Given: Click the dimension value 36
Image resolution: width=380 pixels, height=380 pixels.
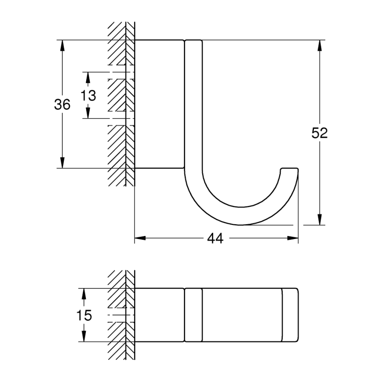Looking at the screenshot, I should (62, 105).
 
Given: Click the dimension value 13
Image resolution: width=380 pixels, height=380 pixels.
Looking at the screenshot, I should (88, 95).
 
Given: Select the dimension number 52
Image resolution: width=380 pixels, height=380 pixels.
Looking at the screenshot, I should (320, 133).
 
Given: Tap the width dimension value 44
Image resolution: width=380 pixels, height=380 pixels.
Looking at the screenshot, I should (215, 239).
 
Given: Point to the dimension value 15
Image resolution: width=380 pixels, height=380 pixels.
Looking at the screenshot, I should (83, 315).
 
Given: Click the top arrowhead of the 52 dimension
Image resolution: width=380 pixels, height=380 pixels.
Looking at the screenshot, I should (320, 46).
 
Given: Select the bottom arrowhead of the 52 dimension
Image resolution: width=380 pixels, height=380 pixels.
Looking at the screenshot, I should (320, 219).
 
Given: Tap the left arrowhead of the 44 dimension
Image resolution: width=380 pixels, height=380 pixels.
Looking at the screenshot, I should (140, 239).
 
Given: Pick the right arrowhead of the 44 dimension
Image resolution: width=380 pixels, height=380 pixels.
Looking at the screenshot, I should (293, 239).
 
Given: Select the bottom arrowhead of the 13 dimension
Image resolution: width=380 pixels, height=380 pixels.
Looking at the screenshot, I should (88, 113).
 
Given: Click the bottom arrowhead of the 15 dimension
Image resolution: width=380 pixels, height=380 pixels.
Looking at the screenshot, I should (84, 336).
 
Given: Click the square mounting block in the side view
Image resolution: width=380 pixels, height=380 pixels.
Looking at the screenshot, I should (158, 104).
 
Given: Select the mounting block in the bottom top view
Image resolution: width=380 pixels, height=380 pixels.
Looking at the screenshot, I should (158, 315).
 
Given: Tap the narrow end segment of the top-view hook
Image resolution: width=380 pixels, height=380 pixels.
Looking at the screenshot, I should (290, 315).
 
